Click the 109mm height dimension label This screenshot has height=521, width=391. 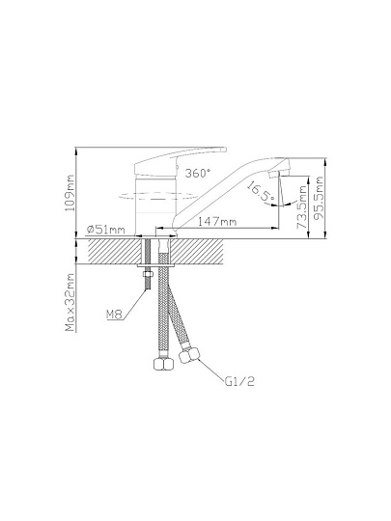(70, 193)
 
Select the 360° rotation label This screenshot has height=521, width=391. (198, 173)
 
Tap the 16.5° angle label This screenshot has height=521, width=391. (261, 192)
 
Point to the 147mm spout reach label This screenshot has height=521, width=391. (217, 221)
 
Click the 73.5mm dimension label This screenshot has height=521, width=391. (302, 207)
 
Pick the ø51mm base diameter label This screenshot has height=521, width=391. (105, 230)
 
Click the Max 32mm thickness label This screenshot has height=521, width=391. (70, 302)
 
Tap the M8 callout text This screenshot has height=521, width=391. (114, 314)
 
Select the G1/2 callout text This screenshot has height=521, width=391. (239, 381)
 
